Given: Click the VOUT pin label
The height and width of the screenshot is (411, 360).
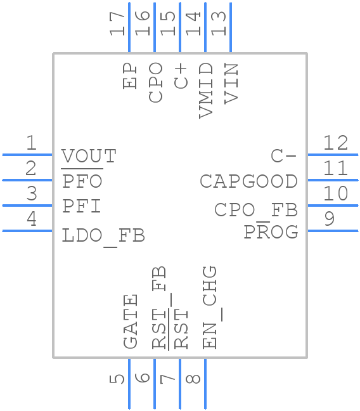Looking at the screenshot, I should pos(89,156).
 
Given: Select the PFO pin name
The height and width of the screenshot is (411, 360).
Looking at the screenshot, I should pos(82,181).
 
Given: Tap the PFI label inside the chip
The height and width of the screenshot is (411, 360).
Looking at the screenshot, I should pos(82,207).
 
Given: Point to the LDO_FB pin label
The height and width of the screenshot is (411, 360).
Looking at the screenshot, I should pos(103,236).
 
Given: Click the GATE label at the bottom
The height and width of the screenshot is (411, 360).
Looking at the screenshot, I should pos(130,322).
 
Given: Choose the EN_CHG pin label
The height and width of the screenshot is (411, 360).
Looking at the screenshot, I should pos(210,308).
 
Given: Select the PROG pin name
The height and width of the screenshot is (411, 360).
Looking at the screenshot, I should pos(271,232).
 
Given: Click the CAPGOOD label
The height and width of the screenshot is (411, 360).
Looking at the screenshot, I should pos(248,181).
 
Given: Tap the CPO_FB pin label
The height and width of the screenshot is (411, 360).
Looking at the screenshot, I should pos(256,210).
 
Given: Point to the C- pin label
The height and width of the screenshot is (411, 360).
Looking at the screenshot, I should pos(283,156).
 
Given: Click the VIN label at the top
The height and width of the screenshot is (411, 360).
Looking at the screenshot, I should pos(231,83).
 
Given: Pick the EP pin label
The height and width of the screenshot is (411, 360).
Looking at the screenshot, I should pos(131,75).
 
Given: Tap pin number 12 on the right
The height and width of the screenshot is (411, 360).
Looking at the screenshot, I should pos(335,143).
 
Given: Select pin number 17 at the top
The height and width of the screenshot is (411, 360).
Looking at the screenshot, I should pos(117,23).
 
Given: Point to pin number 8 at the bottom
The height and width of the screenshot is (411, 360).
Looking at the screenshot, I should pos(194,379).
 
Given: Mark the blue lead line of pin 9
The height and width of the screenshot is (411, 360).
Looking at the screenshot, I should pos(332,231).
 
